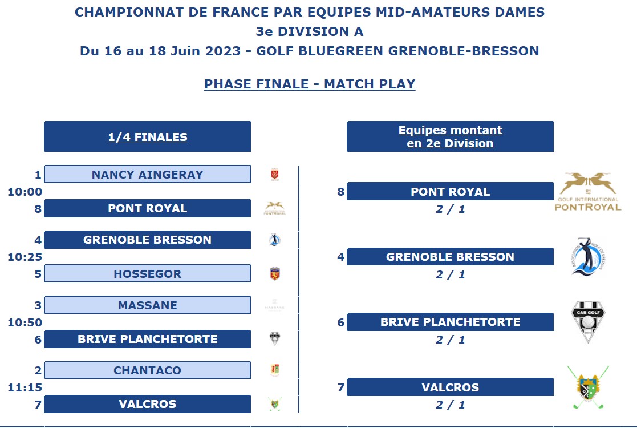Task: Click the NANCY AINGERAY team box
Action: point(148,175)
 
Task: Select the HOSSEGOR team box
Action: point(148,273)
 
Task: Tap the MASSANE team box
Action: point(148,305)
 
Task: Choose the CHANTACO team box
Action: point(148,370)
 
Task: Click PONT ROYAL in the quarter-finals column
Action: point(148,208)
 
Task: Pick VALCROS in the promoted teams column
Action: point(450,387)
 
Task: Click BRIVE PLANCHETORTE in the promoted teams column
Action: point(450,321)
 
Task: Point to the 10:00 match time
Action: point(25,192)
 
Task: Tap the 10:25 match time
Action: point(25,257)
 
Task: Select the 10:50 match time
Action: point(25,322)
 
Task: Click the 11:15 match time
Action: point(25,387)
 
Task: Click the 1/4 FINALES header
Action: point(148,136)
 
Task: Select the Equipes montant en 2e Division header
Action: point(450,136)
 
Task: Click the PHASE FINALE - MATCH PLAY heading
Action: point(310,84)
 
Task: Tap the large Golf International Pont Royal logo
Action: point(588,191)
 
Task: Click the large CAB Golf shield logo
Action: point(589,321)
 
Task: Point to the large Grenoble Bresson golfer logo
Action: point(589,257)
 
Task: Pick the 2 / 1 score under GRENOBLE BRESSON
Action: point(450,274)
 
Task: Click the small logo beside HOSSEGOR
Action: point(275,273)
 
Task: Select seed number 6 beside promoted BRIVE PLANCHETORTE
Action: point(341,322)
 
